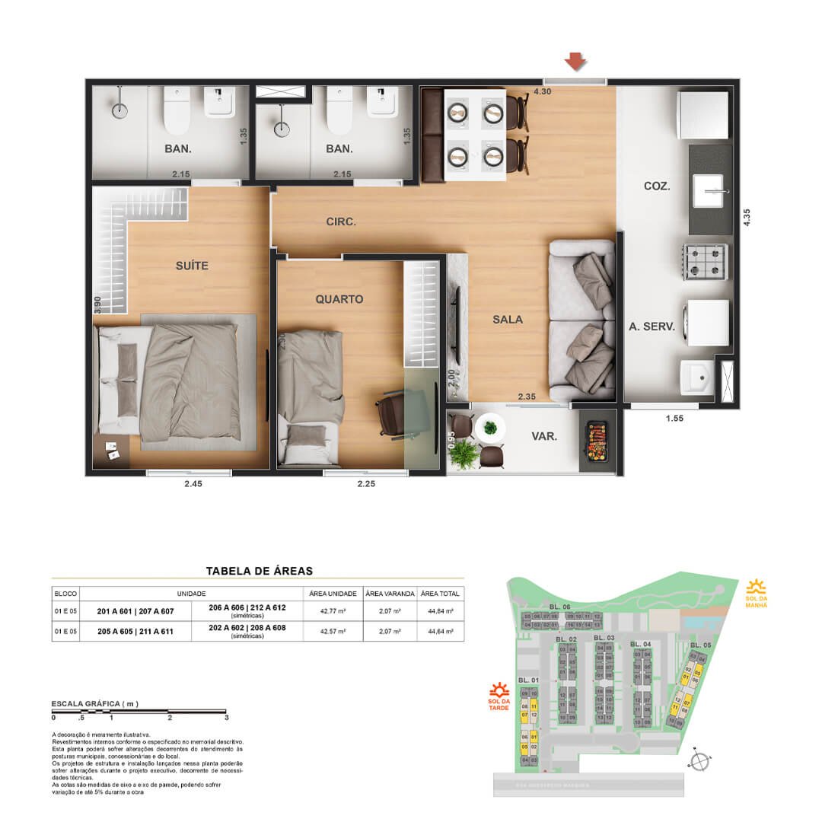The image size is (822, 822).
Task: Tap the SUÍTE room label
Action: [x=191, y=266]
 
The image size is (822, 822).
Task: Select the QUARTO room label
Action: [x=339, y=299]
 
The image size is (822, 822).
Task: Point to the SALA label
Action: [x=508, y=320]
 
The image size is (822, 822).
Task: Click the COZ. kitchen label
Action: [x=656, y=185]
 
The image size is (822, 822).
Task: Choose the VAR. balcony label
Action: [x=544, y=437]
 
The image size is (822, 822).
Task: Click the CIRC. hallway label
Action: [x=341, y=222]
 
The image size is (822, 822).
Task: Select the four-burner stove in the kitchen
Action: [x=707, y=261]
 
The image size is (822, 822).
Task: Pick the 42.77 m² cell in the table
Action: [x=331, y=610]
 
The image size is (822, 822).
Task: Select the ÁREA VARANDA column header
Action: [x=389, y=593]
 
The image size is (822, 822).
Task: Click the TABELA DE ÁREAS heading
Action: [x=260, y=570]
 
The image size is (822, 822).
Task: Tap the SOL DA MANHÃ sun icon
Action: [x=756, y=586]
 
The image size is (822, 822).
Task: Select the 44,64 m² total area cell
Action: [x=441, y=631]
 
